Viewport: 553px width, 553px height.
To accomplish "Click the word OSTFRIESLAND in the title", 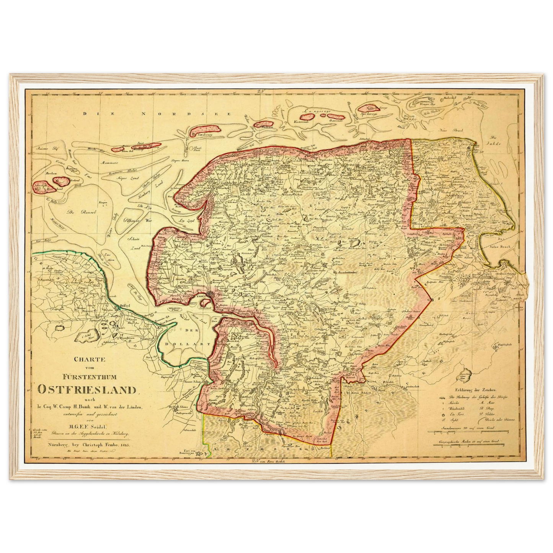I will tap(87, 390).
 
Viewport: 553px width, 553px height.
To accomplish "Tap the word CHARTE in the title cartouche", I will tap(87, 360).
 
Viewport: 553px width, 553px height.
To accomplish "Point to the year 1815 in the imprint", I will tap(125, 445).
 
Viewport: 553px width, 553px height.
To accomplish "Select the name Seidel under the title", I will tap(100, 427).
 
